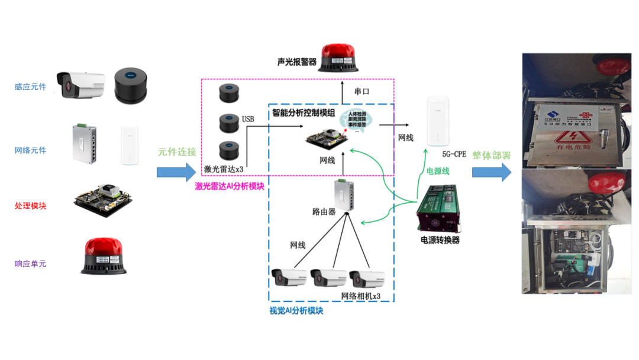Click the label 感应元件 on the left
point(30,87)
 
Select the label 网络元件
point(30,150)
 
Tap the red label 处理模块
point(30,206)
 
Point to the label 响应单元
point(30,263)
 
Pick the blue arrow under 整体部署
point(492,172)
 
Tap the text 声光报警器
point(296,62)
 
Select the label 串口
point(362,92)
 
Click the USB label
point(248,119)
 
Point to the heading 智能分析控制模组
point(304,112)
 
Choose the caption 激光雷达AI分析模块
point(230,186)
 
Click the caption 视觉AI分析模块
point(296,310)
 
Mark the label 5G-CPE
point(454,155)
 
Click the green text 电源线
point(438,171)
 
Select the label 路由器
point(324,211)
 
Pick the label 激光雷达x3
point(223,169)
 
